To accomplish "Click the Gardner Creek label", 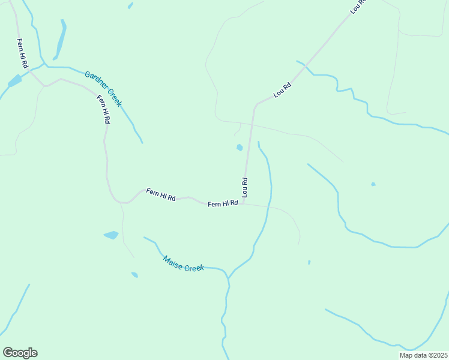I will point(103,89).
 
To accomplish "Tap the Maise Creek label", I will point(184,263).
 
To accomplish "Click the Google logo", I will point(20,353).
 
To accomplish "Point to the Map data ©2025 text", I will point(423,355).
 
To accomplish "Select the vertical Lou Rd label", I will point(245,187).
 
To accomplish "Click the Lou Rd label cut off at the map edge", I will point(358,6).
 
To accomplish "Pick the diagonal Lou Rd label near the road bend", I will point(282,90).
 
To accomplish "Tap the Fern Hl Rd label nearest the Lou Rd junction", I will point(223,203).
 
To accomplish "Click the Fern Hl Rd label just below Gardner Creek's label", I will point(104,109).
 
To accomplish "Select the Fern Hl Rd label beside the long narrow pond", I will point(23,53).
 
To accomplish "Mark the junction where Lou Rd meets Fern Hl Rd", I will point(244,203).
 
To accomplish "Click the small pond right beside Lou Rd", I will point(240,148).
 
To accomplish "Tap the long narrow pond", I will point(61,41).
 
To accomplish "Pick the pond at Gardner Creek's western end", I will point(14,81).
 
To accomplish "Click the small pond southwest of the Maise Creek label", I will point(134,275).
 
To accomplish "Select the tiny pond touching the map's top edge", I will point(130,5).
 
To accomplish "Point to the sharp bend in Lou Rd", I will point(256,105).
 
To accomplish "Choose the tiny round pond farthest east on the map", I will point(373,184).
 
